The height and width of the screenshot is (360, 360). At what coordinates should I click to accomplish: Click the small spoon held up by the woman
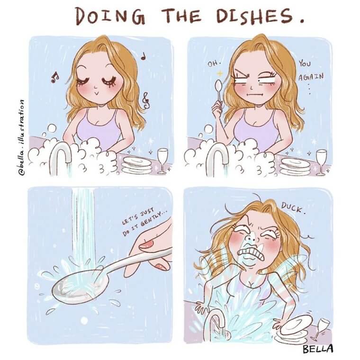click(x=217, y=92)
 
